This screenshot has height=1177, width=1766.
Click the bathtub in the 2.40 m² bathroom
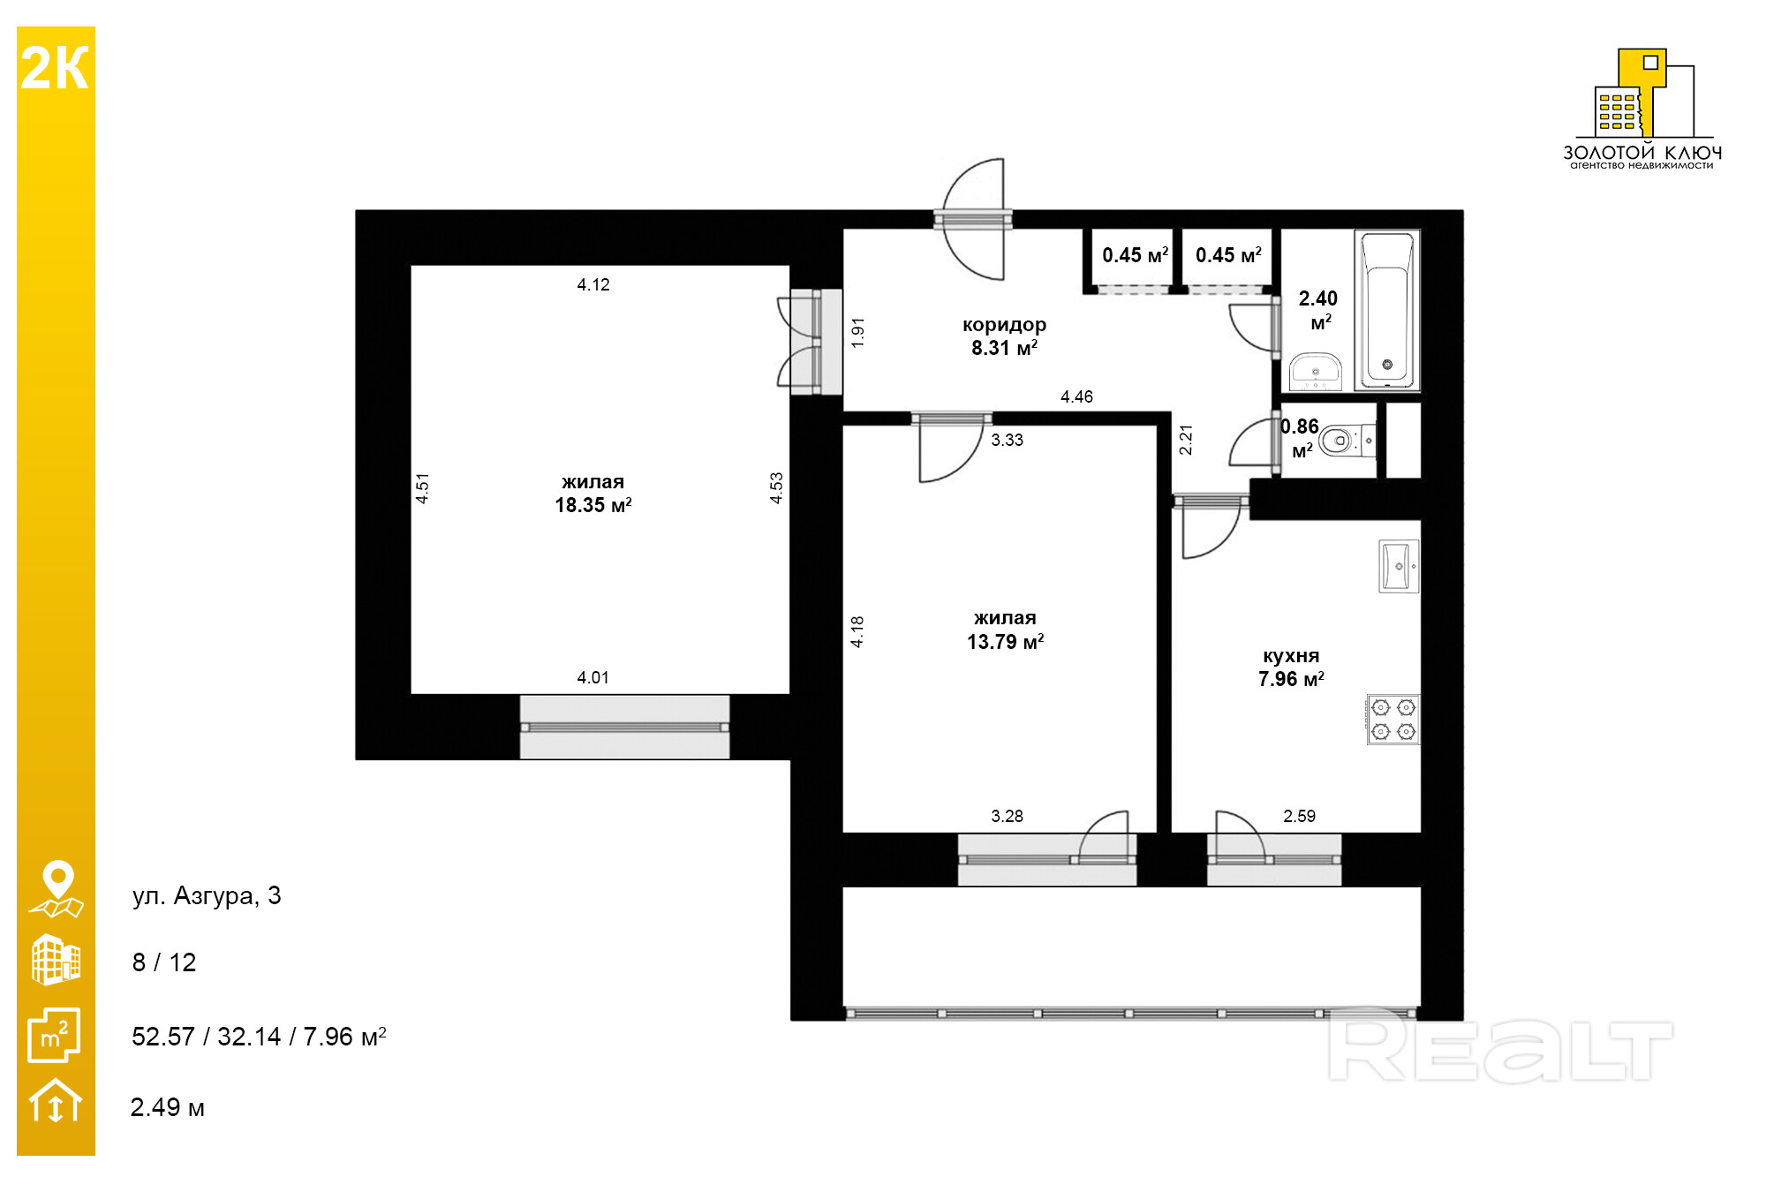pos(1387,310)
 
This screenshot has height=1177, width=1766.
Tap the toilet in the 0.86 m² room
pos(1347,440)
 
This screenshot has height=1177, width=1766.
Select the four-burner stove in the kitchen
pos(1393,719)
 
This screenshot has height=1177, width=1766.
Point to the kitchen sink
pos(1399,566)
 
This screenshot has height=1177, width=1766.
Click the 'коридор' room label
pos(1004,325)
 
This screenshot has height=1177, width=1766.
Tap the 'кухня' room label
pos(1291,656)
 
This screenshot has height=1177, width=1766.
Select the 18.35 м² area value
pos(593,505)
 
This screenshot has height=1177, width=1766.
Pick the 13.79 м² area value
pos(1005,642)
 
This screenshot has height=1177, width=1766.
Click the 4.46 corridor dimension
pos(1076,397)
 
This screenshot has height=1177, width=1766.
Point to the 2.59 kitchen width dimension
pos(1299,817)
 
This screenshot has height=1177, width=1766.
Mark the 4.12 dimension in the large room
pos(593,285)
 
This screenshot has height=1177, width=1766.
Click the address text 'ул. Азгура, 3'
pos(207,896)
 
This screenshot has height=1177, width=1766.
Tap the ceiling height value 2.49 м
pos(168,1107)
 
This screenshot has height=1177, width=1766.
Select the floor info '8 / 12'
pos(164,962)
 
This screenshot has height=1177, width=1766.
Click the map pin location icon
pos(57,888)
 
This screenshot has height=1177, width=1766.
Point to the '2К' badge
pos(55,68)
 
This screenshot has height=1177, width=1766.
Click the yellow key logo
pos(1642,94)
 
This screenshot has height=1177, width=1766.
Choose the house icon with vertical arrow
pos(56,1100)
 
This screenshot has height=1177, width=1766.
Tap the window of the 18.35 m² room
pos(624,727)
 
